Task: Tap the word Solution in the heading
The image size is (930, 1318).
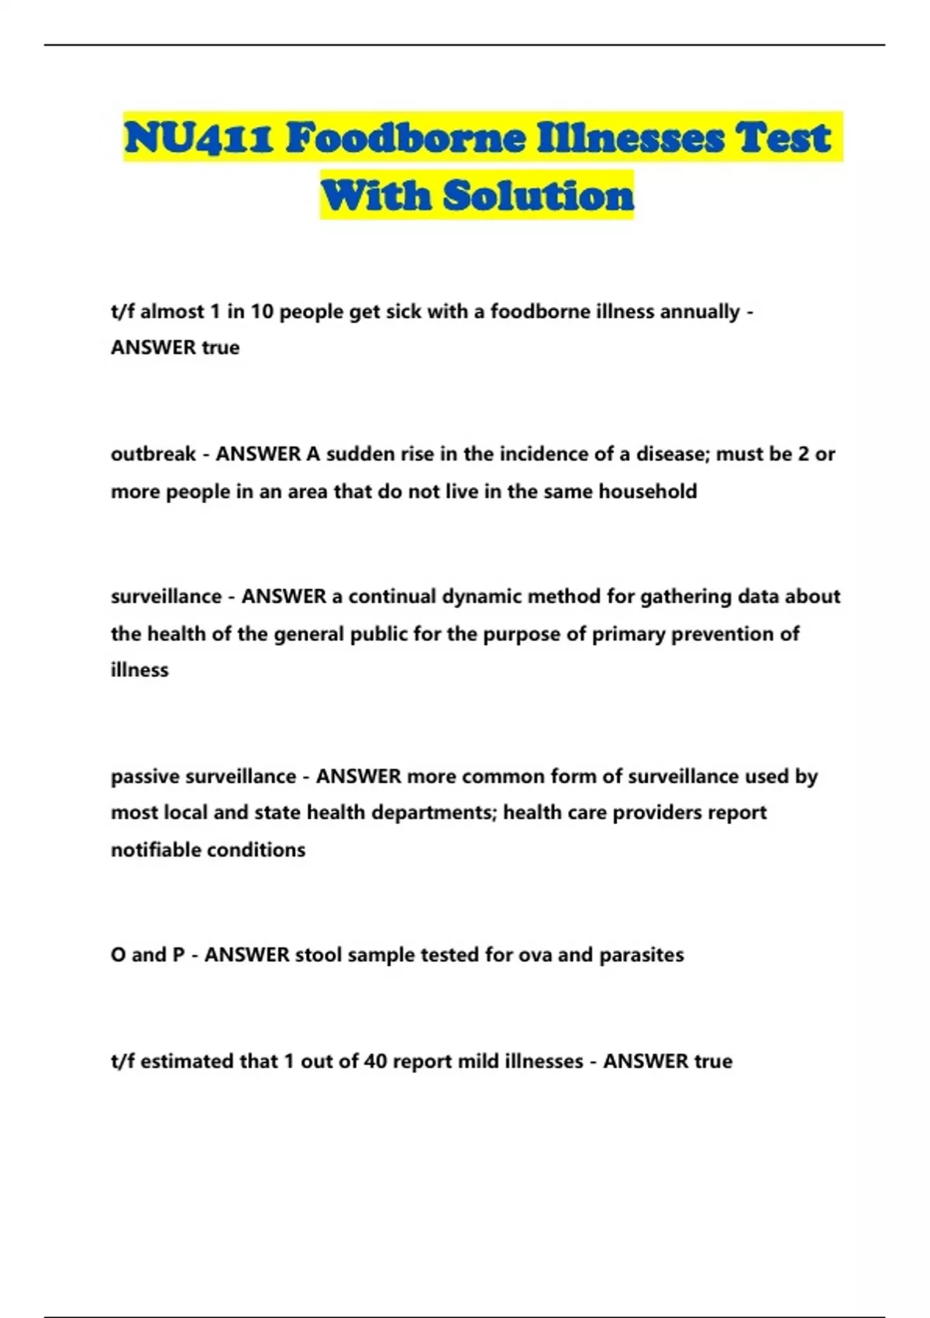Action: [x=539, y=195]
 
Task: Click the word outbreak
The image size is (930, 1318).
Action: [x=153, y=454]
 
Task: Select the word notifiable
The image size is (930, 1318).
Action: [x=153, y=850]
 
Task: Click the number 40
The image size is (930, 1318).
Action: [x=375, y=1061]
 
